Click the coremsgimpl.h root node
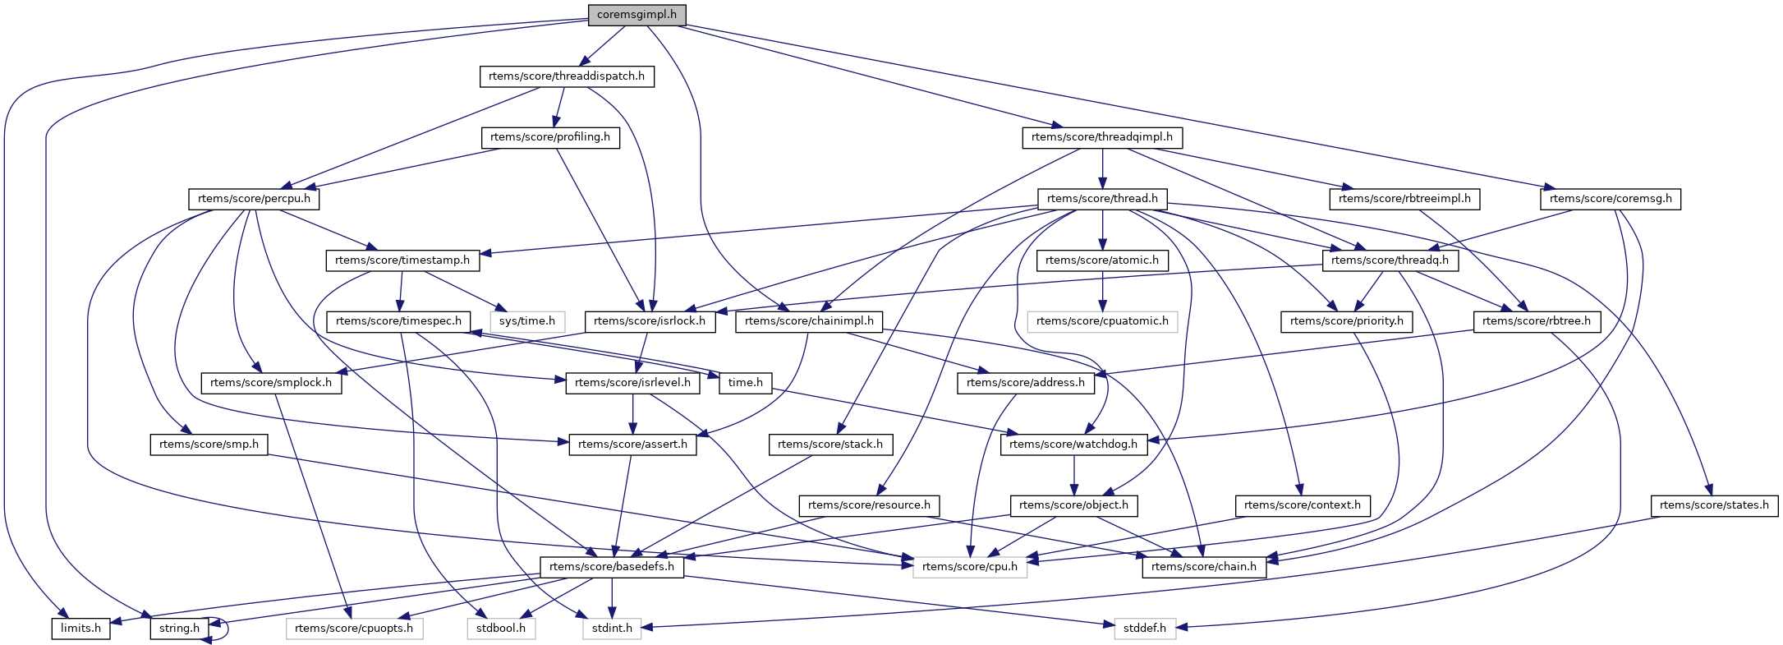click(x=636, y=15)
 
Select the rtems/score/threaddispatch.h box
click(x=567, y=76)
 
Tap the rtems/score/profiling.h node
click(x=550, y=137)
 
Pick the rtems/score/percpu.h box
click(x=254, y=199)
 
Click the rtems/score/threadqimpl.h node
click(x=1102, y=137)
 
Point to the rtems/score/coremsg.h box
click(x=1611, y=199)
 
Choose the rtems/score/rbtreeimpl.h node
click(x=1404, y=199)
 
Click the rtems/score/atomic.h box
click(x=1102, y=260)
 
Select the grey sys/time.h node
click(x=527, y=321)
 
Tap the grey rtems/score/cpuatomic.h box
click(x=1102, y=321)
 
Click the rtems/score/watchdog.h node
click(x=1073, y=445)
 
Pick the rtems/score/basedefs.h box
click(x=612, y=567)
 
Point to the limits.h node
click(x=80, y=629)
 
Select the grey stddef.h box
click(x=1145, y=629)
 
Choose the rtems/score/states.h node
click(x=1714, y=505)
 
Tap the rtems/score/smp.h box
click(x=209, y=445)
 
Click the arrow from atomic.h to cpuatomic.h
click(x=1102, y=291)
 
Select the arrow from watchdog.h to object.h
click(x=1073, y=475)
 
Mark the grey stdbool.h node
click(x=501, y=629)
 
